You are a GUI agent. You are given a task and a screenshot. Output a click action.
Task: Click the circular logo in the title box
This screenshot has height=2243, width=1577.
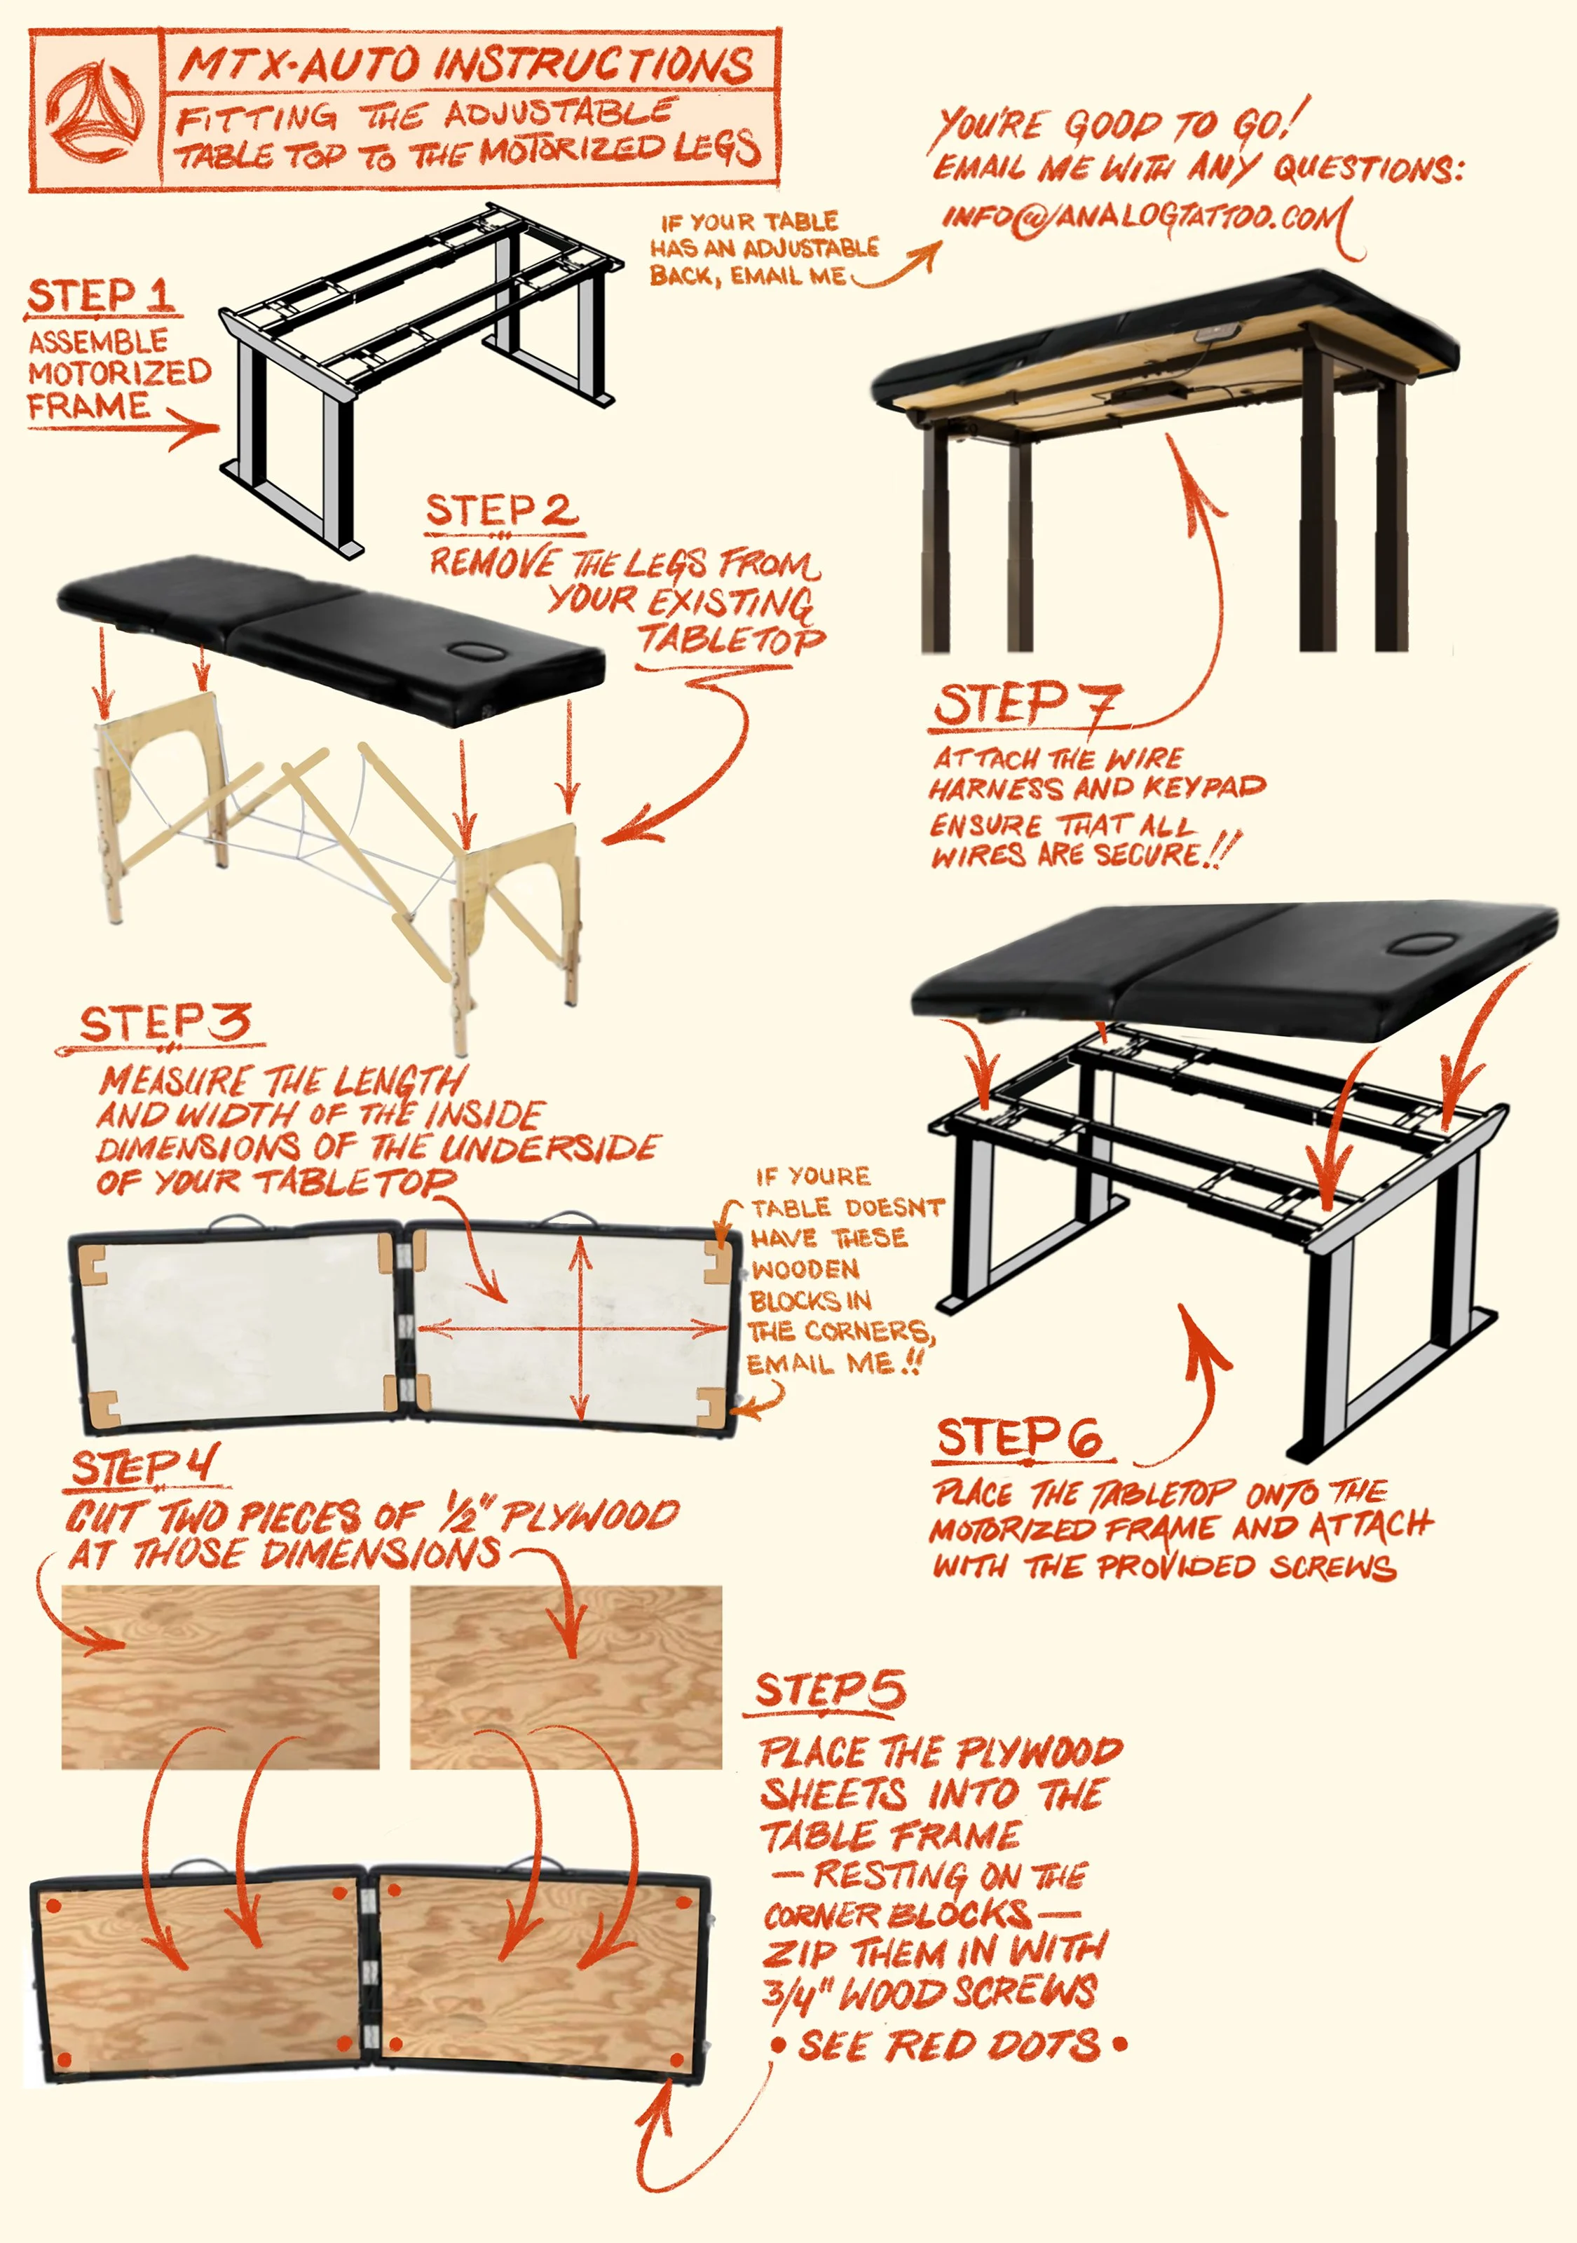(x=97, y=109)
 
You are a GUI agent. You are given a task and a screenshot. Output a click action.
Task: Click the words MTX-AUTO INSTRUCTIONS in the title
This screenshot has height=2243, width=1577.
(x=467, y=64)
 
